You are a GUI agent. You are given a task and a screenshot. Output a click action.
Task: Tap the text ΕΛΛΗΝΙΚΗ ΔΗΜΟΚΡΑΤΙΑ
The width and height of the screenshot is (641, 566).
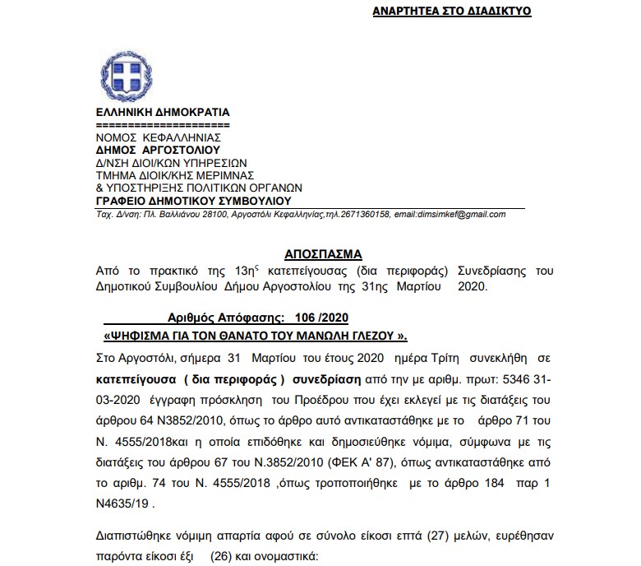tap(164, 112)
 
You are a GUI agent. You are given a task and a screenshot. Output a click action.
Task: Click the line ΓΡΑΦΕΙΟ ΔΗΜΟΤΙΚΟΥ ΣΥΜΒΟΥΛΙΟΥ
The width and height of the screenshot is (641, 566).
tap(193, 200)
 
